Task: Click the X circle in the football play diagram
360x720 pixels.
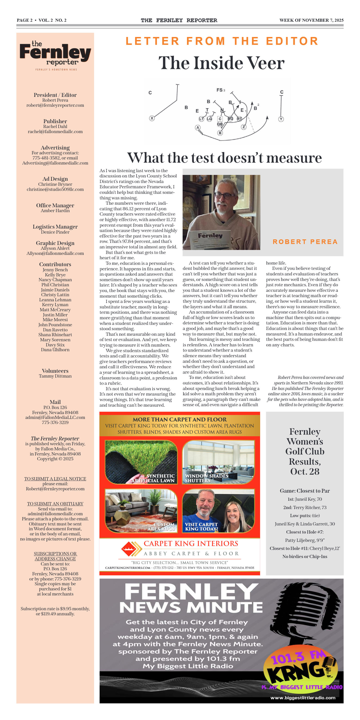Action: pos(152,118)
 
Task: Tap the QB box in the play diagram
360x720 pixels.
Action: pos(220,124)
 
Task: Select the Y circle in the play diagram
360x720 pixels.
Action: pos(281,119)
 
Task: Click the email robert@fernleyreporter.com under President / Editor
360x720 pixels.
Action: pos(55,105)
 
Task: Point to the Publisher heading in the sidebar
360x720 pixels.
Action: pos(55,121)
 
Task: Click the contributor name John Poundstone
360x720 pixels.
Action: pos(55,325)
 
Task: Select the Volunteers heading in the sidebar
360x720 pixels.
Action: pos(55,371)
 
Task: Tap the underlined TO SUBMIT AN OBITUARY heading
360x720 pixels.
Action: pos(55,504)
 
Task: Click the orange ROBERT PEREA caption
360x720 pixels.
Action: pos(305,242)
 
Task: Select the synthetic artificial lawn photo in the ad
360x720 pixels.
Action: pos(141,462)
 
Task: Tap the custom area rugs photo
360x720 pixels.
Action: pos(141,510)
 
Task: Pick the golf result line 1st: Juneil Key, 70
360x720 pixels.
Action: pos(305,499)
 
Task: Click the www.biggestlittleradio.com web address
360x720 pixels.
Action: pos(303,698)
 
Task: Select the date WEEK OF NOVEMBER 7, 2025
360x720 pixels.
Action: pos(311,20)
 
